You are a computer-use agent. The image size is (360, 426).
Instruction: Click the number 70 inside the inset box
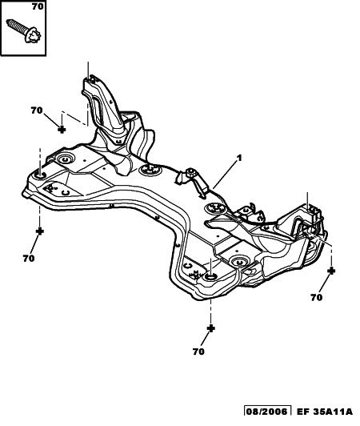pos(38,6)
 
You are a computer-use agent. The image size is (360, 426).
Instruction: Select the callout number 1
pos(239,158)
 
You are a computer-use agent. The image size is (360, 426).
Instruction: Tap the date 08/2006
pos(266,420)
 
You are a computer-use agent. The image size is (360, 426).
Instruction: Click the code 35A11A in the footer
pos(334,420)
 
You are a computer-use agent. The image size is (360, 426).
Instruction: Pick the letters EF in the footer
pos(303,420)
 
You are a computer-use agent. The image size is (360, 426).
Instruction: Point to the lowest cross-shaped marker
pos(210,328)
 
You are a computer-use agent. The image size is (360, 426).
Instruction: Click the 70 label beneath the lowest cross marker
pos(198,352)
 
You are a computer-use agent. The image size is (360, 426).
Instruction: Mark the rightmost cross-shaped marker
pos(331,271)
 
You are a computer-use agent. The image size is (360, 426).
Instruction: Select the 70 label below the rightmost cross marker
pos(317,298)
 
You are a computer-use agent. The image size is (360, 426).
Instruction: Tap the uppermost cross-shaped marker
pos(62,130)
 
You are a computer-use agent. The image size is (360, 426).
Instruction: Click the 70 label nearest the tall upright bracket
pos(37,111)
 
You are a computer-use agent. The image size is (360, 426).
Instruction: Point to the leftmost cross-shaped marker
pos(40,231)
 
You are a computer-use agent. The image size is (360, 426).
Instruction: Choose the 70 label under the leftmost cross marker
pos(29,259)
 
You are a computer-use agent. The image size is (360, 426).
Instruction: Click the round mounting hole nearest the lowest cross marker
pos(210,277)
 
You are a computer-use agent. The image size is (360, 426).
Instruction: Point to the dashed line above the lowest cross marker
pos(210,312)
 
